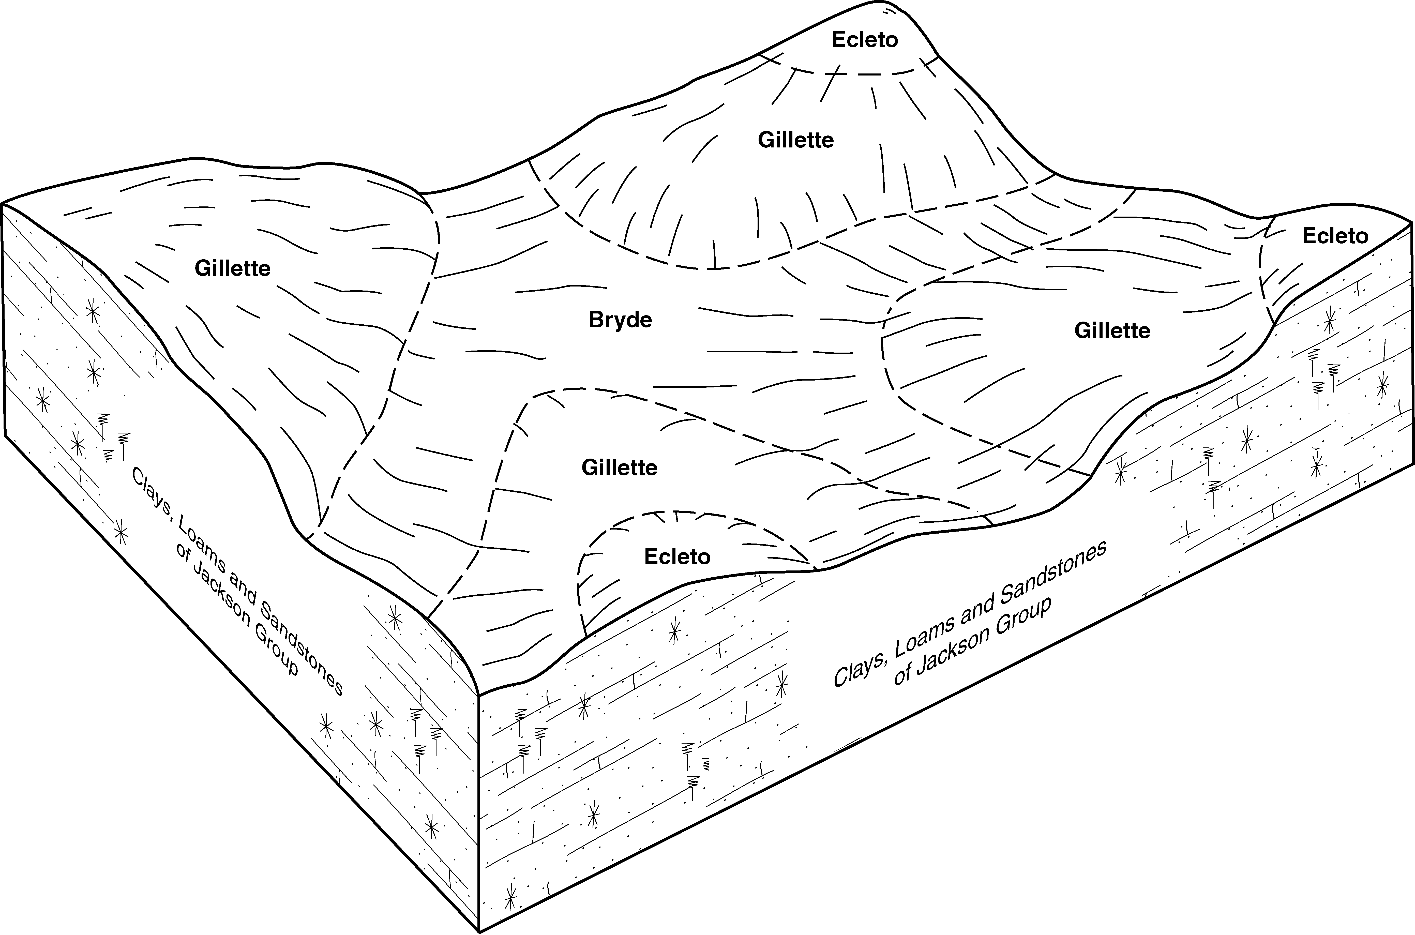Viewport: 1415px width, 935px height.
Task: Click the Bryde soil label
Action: click(620, 320)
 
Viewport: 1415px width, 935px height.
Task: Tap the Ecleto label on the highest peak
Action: click(865, 40)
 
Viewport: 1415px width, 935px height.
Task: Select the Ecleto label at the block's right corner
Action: click(1334, 236)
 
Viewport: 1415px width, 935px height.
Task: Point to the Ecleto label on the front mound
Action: click(678, 556)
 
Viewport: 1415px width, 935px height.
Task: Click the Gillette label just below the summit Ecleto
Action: click(795, 140)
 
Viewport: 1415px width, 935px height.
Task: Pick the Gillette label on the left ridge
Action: click(233, 268)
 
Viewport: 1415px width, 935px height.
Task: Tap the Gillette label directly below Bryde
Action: click(619, 467)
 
